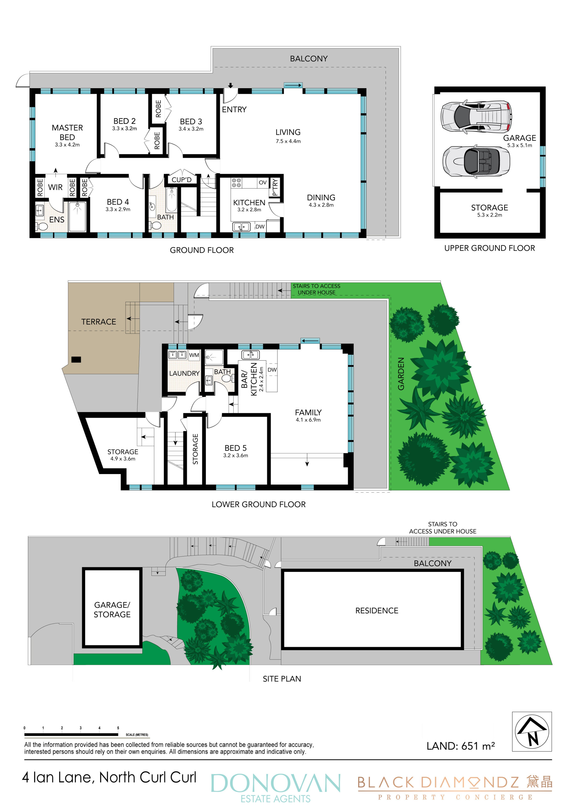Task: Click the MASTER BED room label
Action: (67, 132)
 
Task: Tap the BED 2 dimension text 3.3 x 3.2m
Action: (124, 128)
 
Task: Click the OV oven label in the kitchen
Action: (263, 182)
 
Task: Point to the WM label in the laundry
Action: (194, 355)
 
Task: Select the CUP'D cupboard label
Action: (181, 180)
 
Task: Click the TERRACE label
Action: (99, 322)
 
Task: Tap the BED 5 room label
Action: (235, 448)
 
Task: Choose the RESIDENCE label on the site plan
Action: (377, 611)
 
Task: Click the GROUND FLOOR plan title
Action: (202, 250)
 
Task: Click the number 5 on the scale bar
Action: (118, 728)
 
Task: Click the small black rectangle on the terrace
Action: (76, 360)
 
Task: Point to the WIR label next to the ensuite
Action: (55, 187)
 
